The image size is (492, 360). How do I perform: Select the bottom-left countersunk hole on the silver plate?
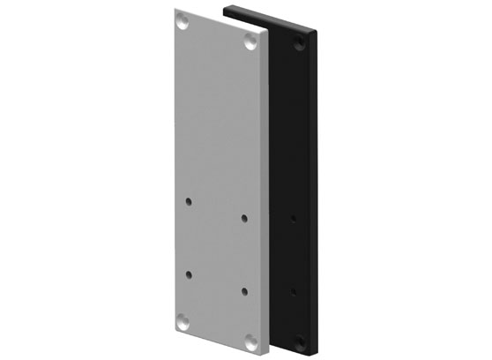point(183,321)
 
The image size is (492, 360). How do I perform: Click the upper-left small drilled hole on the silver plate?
point(188,202)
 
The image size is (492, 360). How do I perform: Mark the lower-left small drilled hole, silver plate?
point(187,274)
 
